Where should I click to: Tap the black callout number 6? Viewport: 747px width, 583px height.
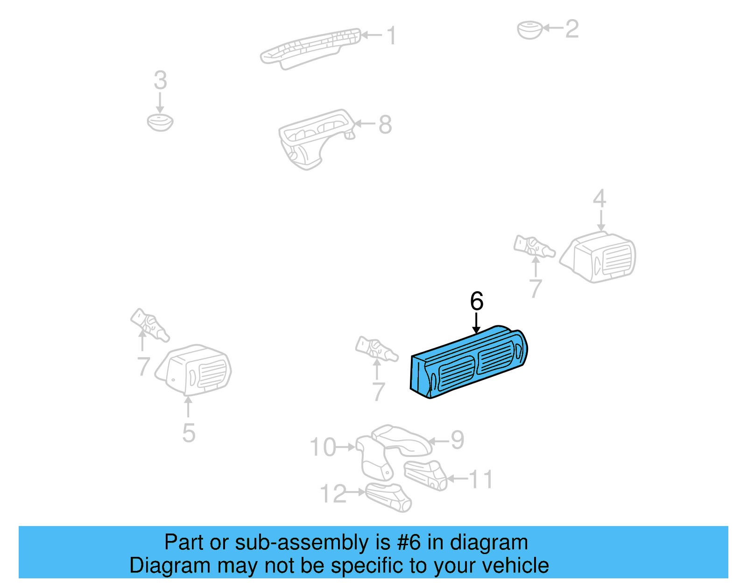tap(476, 301)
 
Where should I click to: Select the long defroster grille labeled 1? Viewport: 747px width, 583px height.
tap(310, 47)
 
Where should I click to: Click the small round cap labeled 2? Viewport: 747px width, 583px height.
tap(529, 29)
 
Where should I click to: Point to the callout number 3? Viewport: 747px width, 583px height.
tap(160, 81)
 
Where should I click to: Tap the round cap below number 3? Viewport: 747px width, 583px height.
tap(160, 122)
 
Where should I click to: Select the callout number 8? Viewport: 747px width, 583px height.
tap(385, 125)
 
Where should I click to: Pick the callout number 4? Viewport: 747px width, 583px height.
tap(599, 199)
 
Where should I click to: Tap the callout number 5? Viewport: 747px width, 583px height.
tap(189, 433)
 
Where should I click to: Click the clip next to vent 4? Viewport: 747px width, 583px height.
tap(534, 246)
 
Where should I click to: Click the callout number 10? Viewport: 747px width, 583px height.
tap(323, 447)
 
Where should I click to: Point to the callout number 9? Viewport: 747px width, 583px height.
tap(457, 440)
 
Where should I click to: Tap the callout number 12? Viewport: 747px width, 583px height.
tap(333, 493)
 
